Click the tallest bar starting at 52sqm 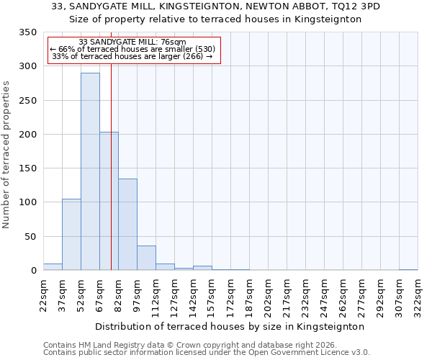tap(90, 171)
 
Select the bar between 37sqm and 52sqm tap(71, 234)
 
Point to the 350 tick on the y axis tap(27, 32)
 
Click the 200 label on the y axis tap(27, 135)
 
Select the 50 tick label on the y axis tap(30, 237)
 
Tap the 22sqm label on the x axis tap(44, 294)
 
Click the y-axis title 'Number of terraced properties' tap(6, 155)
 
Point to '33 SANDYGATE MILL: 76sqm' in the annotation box tap(132, 42)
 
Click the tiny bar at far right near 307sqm tap(408, 269)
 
